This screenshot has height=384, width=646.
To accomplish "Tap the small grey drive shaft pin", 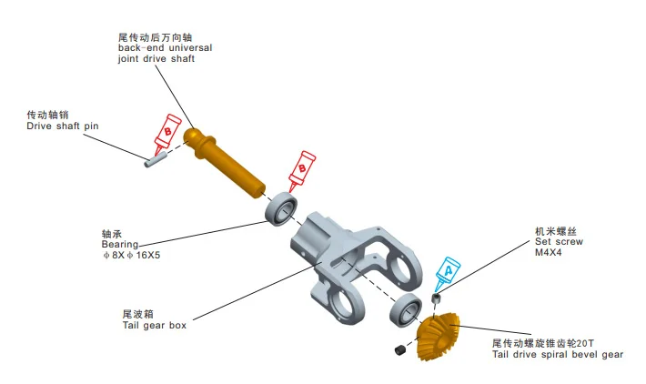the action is [156, 159].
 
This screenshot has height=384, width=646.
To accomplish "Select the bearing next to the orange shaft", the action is [281, 208].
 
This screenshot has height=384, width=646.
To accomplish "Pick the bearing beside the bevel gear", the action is [406, 310].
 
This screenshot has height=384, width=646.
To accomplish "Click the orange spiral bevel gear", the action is [439, 336].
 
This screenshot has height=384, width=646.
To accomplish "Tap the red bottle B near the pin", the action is [167, 135].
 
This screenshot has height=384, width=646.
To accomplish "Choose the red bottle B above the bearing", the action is [301, 170].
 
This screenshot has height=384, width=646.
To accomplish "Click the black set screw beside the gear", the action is [400, 349].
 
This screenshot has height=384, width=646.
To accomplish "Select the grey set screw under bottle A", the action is [436, 298].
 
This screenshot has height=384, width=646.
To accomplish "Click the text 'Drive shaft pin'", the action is [63, 126].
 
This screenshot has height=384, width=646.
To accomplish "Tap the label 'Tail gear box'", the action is [155, 325].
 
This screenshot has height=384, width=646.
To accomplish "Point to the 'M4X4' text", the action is [549, 252].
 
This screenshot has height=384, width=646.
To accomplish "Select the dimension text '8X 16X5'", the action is [131, 255].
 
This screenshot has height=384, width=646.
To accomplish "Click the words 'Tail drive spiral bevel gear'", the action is [558, 354].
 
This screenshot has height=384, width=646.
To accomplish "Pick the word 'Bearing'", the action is [120, 245].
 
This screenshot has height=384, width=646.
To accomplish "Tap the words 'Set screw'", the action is [559, 241].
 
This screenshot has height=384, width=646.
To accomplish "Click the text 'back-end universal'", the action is [166, 48].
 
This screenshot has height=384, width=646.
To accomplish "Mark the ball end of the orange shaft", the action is [192, 136].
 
